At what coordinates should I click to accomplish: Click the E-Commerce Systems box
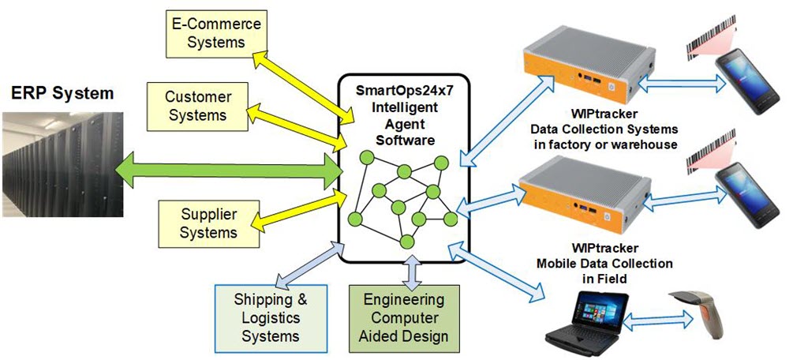click(216, 32)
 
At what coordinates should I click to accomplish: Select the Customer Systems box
click(198, 106)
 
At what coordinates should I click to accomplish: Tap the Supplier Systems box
click(208, 223)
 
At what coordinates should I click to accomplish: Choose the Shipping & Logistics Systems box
click(271, 317)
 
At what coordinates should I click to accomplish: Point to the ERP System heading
click(62, 93)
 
